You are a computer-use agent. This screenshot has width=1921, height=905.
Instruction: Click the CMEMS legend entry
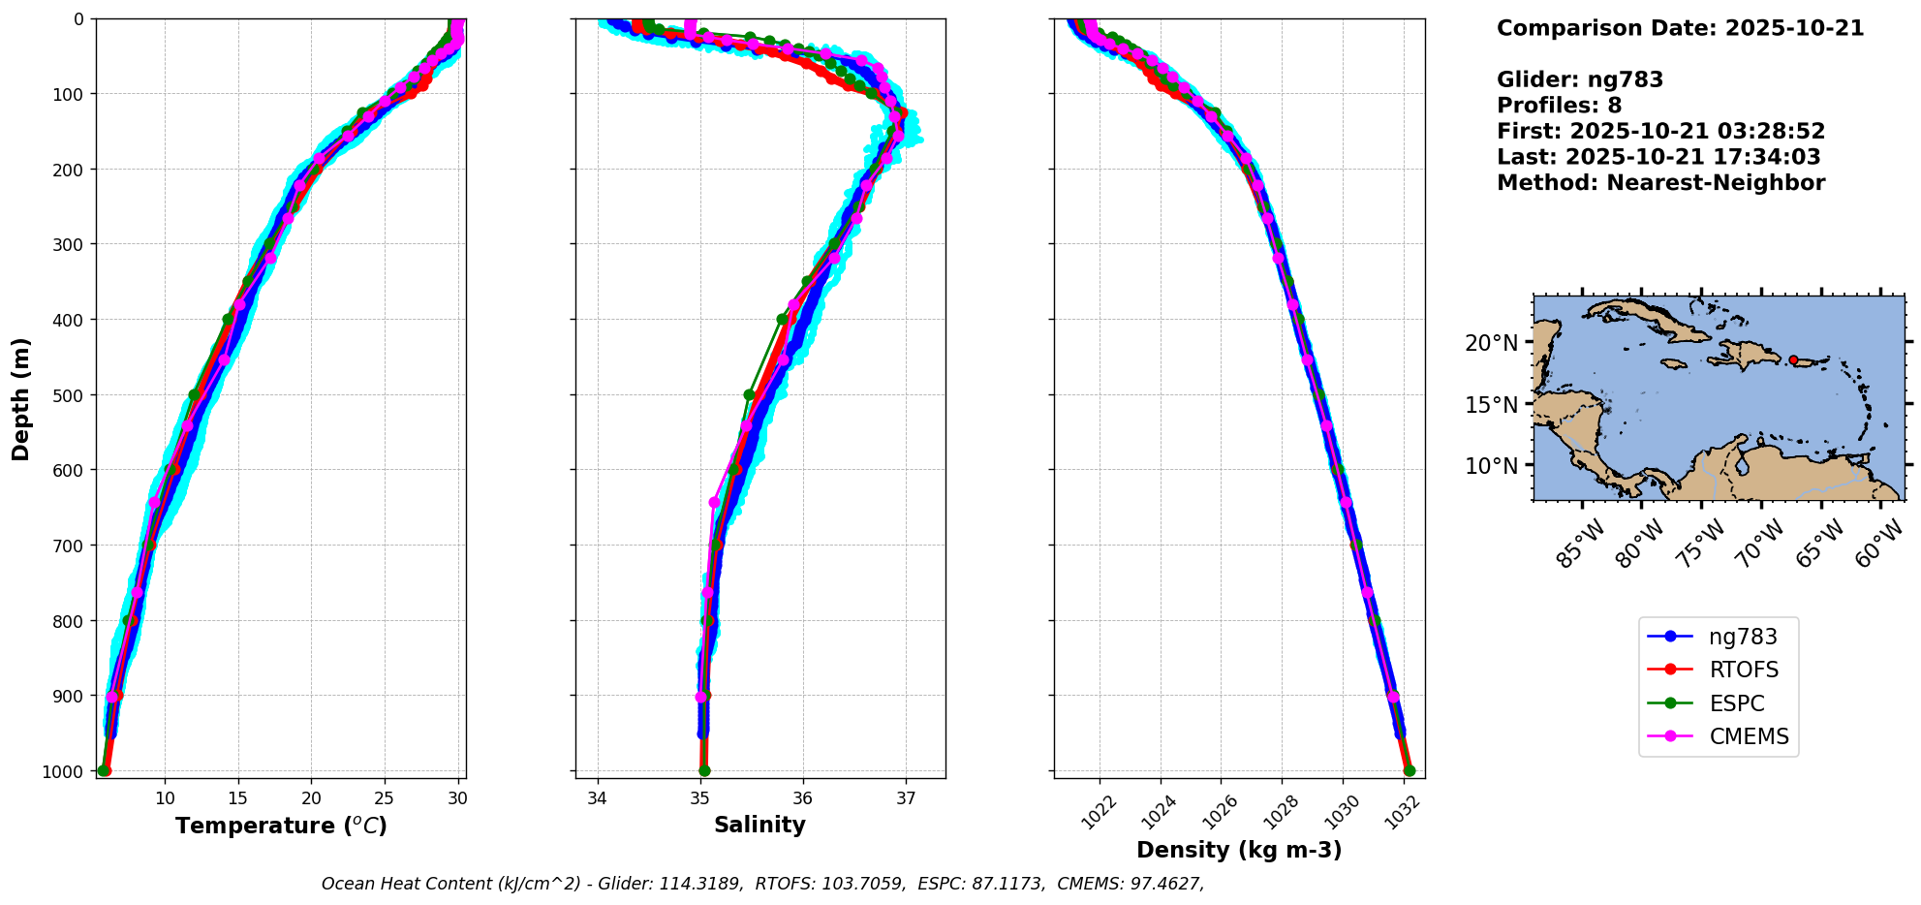click(x=1749, y=736)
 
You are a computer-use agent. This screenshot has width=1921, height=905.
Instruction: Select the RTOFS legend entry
click(x=1744, y=671)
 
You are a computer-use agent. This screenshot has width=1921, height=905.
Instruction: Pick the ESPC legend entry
click(x=1736, y=703)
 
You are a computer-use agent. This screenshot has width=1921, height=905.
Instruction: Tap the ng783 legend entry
click(x=1743, y=637)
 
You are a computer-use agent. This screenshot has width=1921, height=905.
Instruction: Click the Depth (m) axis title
click(x=21, y=398)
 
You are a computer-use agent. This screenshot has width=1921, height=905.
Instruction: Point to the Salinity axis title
click(x=759, y=826)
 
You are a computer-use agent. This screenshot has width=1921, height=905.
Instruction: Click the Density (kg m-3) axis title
click(x=1239, y=851)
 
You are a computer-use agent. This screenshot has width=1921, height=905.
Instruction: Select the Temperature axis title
click(x=281, y=827)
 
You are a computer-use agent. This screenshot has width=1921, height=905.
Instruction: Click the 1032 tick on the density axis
click(x=1401, y=813)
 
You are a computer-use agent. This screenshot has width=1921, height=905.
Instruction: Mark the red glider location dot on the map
click(x=1793, y=359)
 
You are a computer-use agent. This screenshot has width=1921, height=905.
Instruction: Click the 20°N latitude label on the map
click(x=1491, y=343)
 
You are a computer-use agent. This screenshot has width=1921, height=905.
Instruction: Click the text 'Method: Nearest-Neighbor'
click(x=1660, y=183)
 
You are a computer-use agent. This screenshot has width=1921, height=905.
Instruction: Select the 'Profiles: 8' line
click(x=1559, y=106)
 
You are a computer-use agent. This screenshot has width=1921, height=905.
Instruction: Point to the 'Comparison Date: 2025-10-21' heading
click(x=1680, y=28)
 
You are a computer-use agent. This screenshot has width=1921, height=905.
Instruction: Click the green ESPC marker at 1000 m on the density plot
click(x=1410, y=771)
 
